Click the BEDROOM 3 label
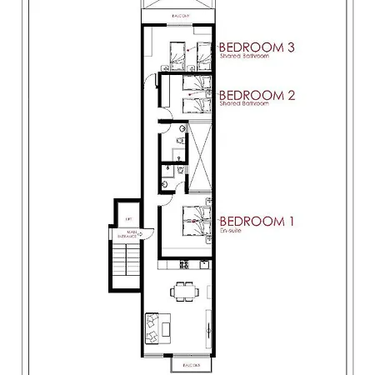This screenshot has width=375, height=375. click(256, 47)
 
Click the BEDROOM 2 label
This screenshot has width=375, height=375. click(256, 95)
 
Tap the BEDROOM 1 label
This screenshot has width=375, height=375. click(256, 221)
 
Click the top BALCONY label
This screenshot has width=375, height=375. click(180, 16)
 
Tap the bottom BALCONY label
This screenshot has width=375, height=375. click(182, 364)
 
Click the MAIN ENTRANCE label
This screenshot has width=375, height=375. click(134, 235)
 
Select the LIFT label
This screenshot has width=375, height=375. click(128, 219)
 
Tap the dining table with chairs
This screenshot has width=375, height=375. click(183, 291)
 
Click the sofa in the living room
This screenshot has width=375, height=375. click(153, 326)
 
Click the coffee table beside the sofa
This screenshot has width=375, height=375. click(168, 327)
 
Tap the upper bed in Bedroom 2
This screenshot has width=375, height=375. click(195, 86)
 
